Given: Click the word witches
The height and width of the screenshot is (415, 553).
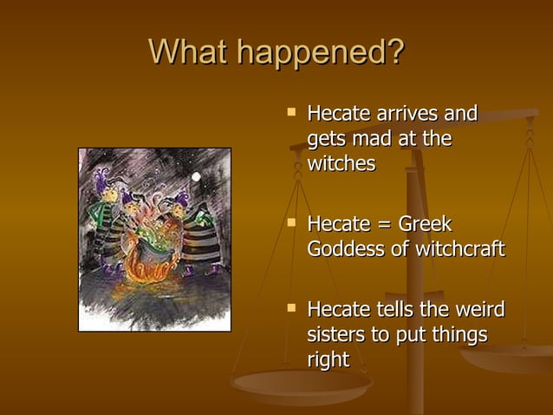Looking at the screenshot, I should point(341,163).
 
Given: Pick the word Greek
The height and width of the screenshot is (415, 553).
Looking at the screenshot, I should point(425,225).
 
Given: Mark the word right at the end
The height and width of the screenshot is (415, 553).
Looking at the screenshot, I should point(328,359).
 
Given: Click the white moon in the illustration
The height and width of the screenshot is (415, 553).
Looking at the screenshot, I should point(196,177).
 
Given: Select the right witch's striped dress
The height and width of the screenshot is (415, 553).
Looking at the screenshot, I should point(200,239).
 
